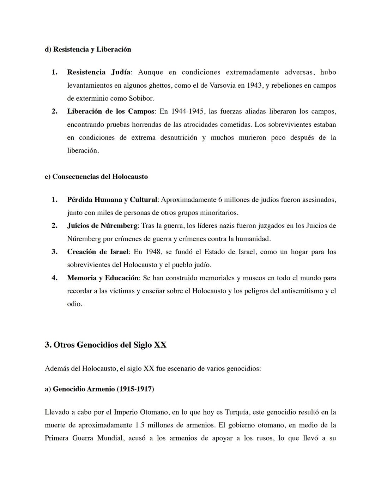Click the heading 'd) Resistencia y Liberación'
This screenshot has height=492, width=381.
tap(88, 49)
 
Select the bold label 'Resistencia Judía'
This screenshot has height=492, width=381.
tap(98, 72)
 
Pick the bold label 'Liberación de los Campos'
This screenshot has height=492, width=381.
tap(111, 111)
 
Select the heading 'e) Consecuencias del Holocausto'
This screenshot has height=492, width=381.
tap(96, 176)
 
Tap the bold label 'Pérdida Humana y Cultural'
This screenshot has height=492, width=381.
tap(112, 200)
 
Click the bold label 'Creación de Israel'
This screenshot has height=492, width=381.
tap(98, 252)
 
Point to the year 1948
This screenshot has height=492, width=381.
tap(153, 252)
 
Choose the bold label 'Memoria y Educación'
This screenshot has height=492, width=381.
tap(103, 278)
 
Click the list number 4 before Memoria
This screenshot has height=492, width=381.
tap(54, 278)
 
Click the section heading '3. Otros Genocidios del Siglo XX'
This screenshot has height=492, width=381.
tap(105, 345)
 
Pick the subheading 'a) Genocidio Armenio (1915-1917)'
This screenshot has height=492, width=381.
tap(99, 389)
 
